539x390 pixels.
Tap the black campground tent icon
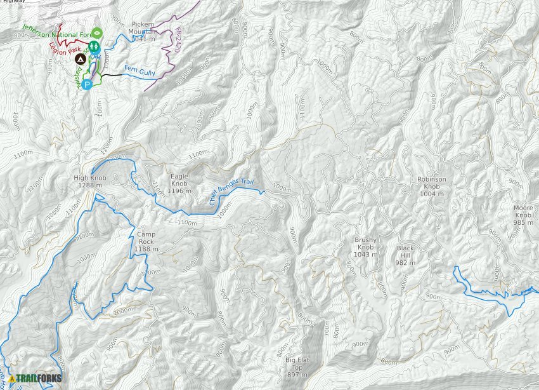(x=81, y=59)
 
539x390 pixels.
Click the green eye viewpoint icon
(x=97, y=32)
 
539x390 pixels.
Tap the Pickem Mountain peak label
(x=143, y=32)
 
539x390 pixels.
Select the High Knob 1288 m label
(x=90, y=182)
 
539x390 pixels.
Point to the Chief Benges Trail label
(x=235, y=192)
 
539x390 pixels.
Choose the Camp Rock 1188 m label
(x=146, y=241)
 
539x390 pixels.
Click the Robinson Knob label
(x=432, y=186)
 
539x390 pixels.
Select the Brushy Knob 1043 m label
(x=365, y=247)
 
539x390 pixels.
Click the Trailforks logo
(x=36, y=379)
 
